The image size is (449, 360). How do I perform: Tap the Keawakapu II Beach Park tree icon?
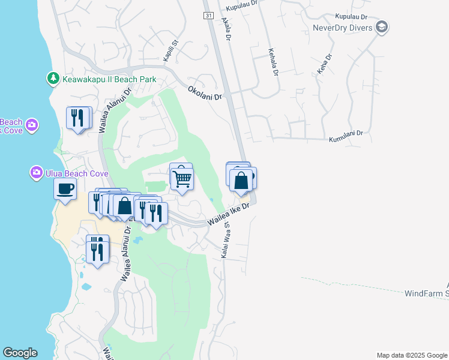[53, 79]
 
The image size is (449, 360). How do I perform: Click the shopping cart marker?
[182, 178]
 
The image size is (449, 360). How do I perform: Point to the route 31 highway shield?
[207, 15]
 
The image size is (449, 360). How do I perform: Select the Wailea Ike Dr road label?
[228, 214]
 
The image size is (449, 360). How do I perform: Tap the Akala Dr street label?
[226, 28]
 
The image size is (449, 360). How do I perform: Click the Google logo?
[20, 353]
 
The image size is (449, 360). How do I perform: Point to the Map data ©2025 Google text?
[411, 355]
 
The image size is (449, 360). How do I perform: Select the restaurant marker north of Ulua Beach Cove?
[77, 118]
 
